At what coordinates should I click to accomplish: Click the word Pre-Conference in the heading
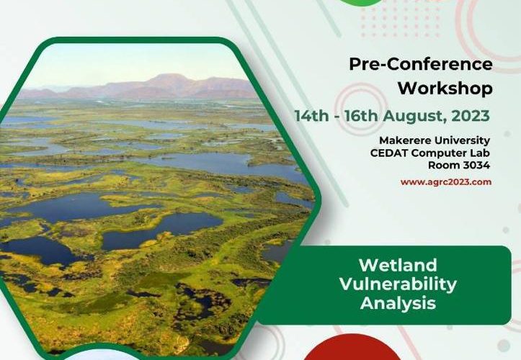pyautogui.click(x=421, y=64)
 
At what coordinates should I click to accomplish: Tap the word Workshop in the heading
pyautogui.click(x=445, y=89)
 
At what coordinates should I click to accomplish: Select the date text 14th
pyautogui.click(x=312, y=116)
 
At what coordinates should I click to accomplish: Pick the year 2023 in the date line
pyautogui.click(x=471, y=116)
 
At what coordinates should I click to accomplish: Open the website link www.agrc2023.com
pyautogui.click(x=446, y=182)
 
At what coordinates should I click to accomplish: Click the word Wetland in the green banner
pyautogui.click(x=398, y=265)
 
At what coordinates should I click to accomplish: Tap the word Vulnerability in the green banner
pyautogui.click(x=398, y=284)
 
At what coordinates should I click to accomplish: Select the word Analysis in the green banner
pyautogui.click(x=398, y=303)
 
